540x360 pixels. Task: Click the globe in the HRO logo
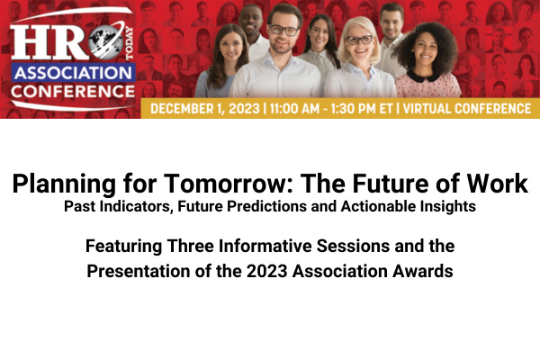pyautogui.click(x=105, y=41)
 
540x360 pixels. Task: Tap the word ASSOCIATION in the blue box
pyautogui.click(x=74, y=73)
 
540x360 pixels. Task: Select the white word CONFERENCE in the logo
pyautogui.click(x=73, y=92)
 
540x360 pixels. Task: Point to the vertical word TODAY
pyautogui.click(x=129, y=44)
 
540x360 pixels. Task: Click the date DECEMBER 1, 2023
pyautogui.click(x=205, y=109)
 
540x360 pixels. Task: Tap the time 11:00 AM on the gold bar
pyautogui.click(x=294, y=109)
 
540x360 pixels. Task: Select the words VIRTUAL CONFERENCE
pyautogui.click(x=466, y=109)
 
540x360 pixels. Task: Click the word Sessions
pyautogui.click(x=353, y=247)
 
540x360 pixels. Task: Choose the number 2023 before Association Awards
pyautogui.click(x=266, y=271)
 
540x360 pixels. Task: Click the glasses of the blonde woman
pyautogui.click(x=359, y=40)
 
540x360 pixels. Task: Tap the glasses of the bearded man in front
pyautogui.click(x=283, y=31)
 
